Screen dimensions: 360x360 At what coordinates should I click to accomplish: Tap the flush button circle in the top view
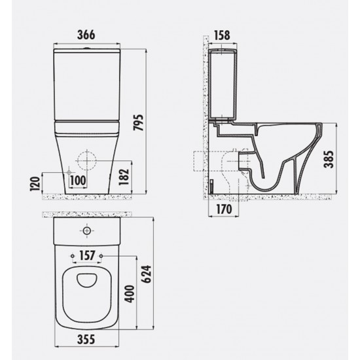point(86,231)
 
